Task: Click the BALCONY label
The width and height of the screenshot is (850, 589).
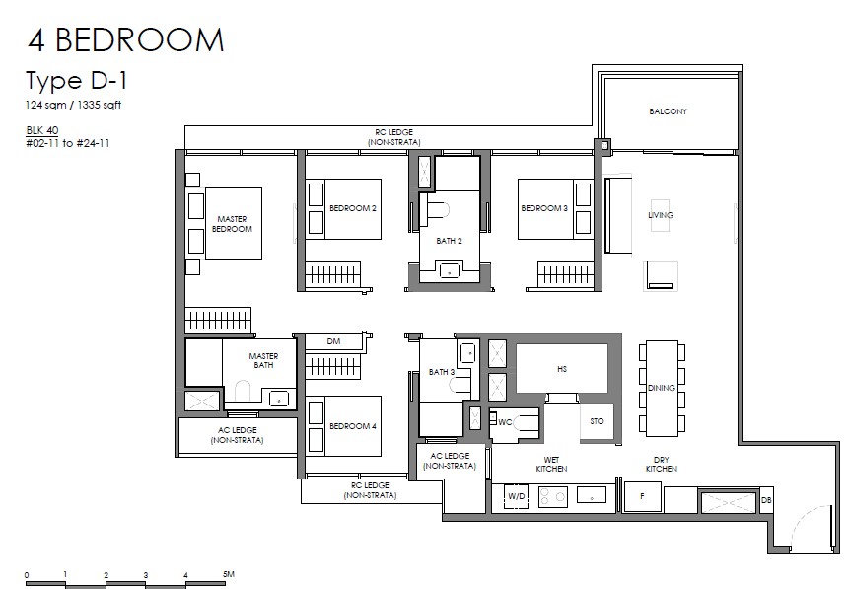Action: point(668,111)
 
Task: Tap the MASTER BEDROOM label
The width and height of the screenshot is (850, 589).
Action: point(232,224)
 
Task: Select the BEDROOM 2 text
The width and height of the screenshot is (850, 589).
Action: point(353,208)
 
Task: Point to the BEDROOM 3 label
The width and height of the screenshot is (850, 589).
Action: point(544,208)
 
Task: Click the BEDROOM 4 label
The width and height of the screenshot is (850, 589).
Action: point(353,426)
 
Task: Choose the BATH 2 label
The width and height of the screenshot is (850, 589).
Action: point(449,241)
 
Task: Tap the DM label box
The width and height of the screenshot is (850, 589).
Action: point(334,341)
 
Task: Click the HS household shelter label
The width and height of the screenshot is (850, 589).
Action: point(562,369)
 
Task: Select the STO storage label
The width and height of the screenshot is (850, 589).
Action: point(597,421)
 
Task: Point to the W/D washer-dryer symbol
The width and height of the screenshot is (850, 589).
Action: point(516,496)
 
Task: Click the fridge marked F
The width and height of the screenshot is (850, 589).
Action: point(642,496)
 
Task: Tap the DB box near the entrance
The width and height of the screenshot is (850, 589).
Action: point(766,500)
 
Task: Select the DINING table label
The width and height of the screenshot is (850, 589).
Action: point(662,389)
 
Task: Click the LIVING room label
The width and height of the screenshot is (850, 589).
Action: point(661,215)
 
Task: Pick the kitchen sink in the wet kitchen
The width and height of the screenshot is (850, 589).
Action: point(592,494)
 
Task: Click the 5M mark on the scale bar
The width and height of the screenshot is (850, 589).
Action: point(228,574)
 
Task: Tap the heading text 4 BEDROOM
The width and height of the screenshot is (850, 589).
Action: point(126,39)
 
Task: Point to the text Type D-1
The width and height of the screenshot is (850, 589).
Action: point(77,81)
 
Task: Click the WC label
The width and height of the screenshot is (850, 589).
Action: point(505,422)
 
